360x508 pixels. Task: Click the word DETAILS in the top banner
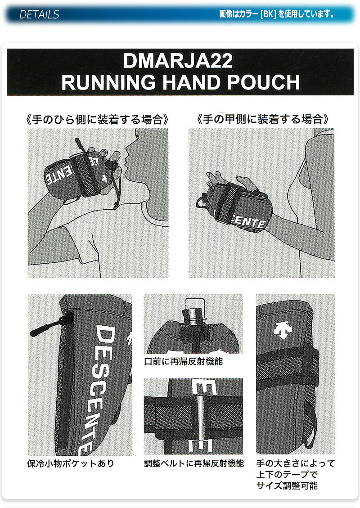[39, 14]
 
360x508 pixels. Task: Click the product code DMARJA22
[178, 61]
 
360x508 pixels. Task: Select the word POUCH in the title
[263, 82]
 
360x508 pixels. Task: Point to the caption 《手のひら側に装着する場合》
[98, 120]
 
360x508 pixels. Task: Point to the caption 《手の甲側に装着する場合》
[263, 119]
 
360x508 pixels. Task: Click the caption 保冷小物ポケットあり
[71, 463]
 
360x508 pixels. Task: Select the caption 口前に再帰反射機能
[184, 361]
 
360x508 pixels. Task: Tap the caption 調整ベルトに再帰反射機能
[194, 463]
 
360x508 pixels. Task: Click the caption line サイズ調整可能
[287, 486]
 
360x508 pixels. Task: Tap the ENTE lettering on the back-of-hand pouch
[249, 222]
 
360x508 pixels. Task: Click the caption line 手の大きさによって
[295, 463]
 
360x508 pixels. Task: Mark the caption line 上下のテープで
[287, 474]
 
